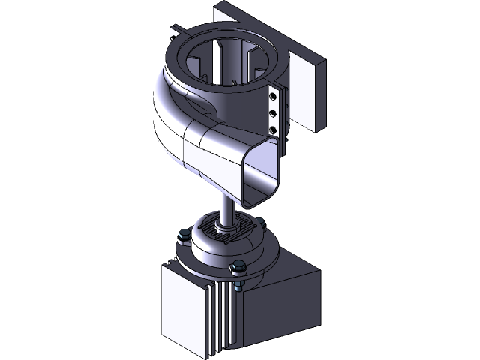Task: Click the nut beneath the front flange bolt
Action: pos(238,286)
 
